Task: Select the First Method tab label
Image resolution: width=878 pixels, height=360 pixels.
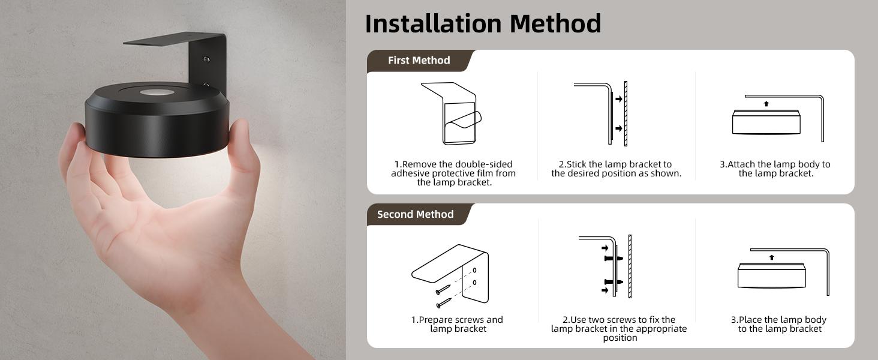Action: (x=419, y=60)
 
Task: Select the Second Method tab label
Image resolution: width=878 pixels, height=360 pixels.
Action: (x=415, y=214)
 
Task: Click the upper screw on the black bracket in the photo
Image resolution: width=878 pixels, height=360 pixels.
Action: (x=206, y=59)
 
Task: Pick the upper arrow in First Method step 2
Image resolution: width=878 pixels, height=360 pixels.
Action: (x=618, y=99)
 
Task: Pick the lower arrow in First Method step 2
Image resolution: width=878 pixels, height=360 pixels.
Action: (x=618, y=128)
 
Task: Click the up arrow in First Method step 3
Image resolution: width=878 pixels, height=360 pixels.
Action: (x=766, y=104)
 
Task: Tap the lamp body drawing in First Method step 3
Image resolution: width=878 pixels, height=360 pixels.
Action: (x=766, y=122)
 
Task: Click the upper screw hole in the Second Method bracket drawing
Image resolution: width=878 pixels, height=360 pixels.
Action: (x=474, y=270)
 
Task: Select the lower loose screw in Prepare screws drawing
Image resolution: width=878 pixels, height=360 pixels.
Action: (x=443, y=304)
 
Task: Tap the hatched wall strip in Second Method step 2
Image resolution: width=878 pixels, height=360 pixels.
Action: (x=630, y=266)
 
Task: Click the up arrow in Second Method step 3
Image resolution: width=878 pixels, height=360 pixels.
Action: (x=771, y=257)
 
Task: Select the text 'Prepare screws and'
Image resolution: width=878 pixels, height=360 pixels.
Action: (x=457, y=320)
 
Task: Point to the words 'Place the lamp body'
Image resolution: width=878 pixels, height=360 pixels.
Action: (x=778, y=320)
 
